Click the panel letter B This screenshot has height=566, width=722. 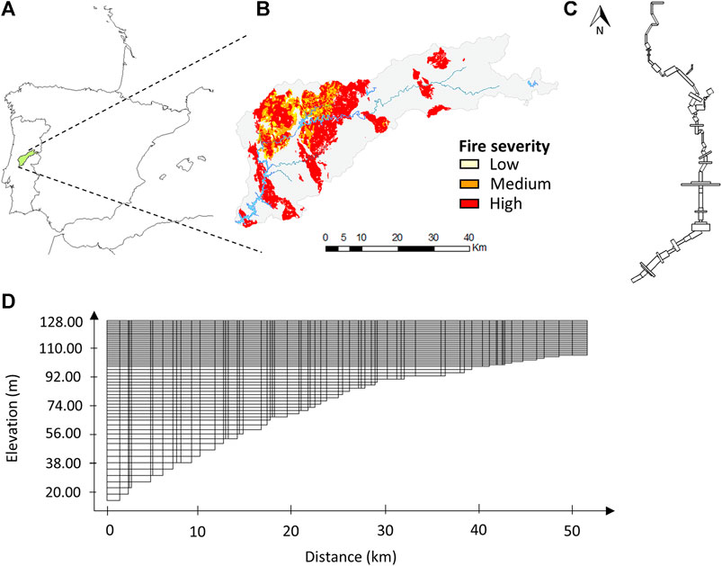pos(263,10)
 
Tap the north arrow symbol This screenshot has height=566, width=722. pos(599,16)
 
